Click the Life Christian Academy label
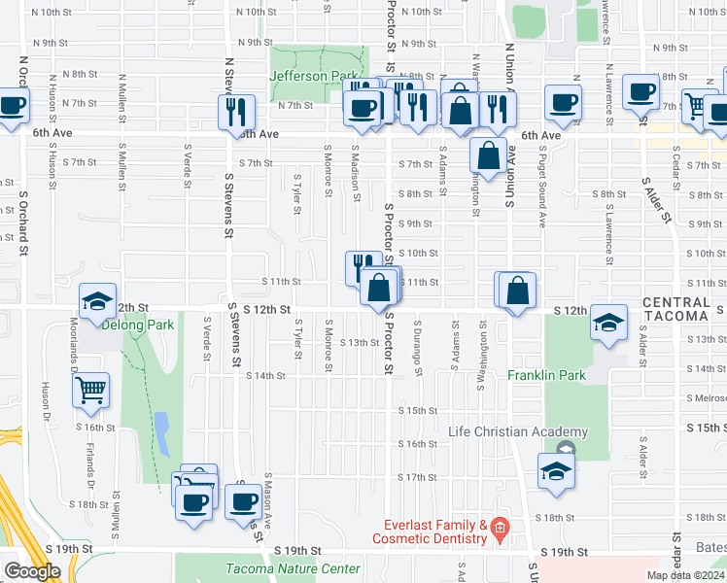tap(518, 431)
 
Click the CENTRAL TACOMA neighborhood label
tap(675, 309)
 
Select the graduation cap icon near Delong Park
tap(97, 301)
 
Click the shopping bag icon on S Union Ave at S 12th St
tap(519, 290)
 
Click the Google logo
tap(32, 571)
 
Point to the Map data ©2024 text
tap(685, 575)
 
